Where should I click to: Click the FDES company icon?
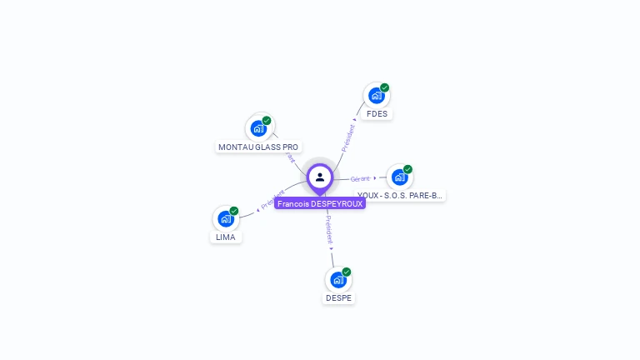(376, 96)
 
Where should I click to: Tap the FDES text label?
(377, 114)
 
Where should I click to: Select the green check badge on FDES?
(384, 87)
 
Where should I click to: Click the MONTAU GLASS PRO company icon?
(258, 128)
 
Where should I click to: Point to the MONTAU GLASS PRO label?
(258, 147)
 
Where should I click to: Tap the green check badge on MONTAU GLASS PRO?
(267, 121)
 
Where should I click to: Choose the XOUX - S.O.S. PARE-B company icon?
(399, 177)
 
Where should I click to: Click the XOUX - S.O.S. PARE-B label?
(400, 196)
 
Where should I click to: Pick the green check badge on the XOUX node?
(407, 169)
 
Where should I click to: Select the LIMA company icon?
(225, 218)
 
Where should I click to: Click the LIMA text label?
(225, 237)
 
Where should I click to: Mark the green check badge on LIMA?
(234, 211)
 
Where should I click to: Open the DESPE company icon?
(337, 279)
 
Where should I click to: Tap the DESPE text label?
(338, 298)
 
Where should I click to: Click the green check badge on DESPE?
(347, 272)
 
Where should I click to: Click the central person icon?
(320, 177)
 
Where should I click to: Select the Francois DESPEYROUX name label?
(320, 203)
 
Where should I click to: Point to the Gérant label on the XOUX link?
(360, 179)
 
